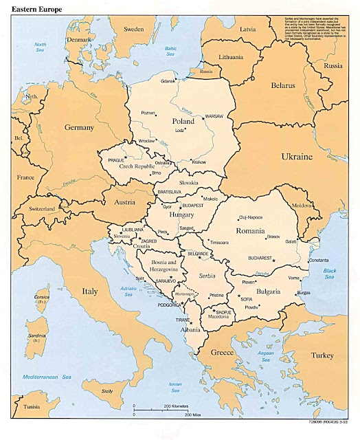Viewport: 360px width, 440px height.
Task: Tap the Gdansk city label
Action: pos(169,82)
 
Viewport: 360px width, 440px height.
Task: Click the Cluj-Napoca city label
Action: pos(251,217)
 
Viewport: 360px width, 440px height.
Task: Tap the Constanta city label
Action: pos(319,261)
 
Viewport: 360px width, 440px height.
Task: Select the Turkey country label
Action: pos(321,355)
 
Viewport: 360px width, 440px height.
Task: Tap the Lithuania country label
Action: pos(234,56)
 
